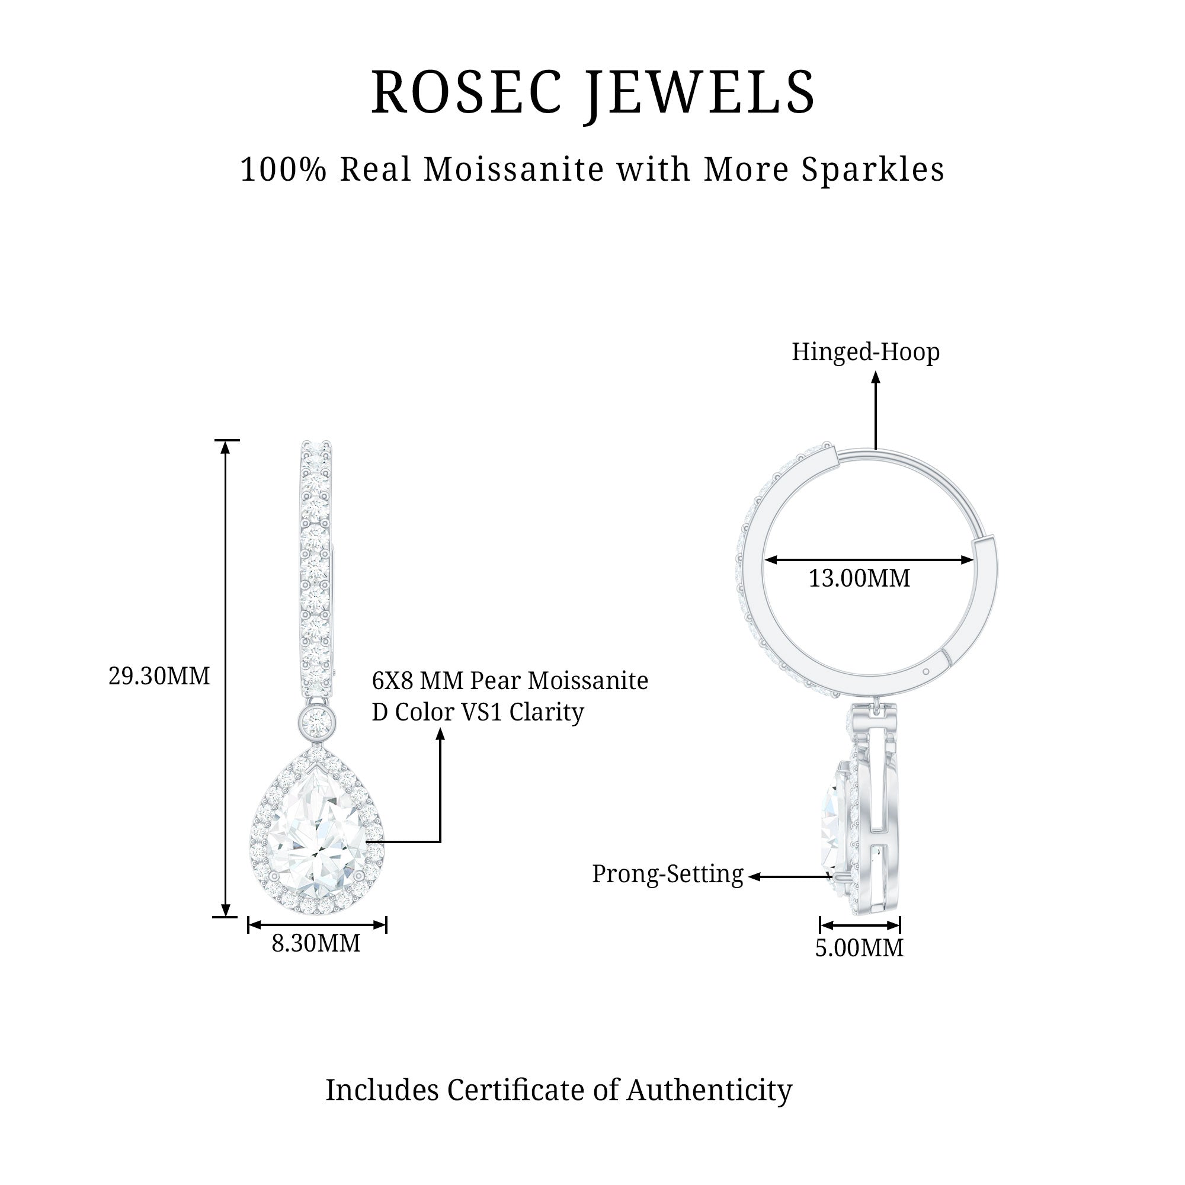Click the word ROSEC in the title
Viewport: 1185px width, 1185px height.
[466, 92]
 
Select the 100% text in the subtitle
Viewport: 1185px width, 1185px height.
[283, 170]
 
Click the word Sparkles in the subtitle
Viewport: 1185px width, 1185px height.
[875, 170]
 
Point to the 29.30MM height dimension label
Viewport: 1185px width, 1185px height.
[159, 676]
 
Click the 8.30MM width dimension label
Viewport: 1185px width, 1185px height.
[316, 943]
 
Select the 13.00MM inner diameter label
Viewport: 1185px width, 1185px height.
[859, 578]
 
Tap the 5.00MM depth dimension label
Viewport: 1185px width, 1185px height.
[859, 947]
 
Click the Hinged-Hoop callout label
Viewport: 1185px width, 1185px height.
[866, 352]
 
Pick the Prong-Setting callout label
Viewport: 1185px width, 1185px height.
[667, 874]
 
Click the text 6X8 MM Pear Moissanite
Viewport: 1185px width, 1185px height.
[510, 681]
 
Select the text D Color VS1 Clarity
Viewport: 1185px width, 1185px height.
[478, 712]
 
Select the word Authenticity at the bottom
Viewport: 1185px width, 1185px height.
[709, 1090]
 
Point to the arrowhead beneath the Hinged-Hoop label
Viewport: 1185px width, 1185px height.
[876, 378]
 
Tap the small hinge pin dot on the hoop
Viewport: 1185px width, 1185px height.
[925, 672]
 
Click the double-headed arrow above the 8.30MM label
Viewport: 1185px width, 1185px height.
[316, 924]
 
